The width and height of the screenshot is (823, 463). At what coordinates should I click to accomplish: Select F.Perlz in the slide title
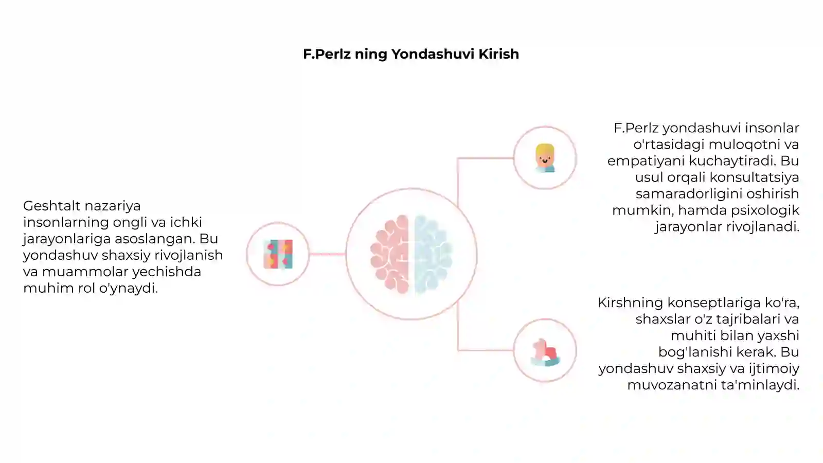pos(327,54)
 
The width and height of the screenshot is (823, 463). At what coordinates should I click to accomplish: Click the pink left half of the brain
pos(390,254)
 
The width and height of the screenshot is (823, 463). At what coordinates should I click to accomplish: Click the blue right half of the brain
pos(433,254)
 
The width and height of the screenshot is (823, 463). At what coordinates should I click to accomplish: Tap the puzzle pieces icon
pos(278,254)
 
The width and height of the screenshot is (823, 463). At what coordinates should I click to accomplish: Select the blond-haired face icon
pos(545,158)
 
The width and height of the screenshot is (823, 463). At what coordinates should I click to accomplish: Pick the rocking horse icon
pos(545,352)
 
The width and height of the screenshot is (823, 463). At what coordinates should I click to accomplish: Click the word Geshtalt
pos(51,206)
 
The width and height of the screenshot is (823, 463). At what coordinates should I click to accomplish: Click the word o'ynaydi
pos(128,289)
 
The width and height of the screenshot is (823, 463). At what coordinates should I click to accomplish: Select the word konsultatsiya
pos(754,177)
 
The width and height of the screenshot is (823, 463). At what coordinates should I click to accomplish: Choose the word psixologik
pos(765,210)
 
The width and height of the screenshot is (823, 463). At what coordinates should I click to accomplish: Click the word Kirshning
pos(630,303)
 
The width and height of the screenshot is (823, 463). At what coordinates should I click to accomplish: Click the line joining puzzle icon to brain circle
pos(327,254)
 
